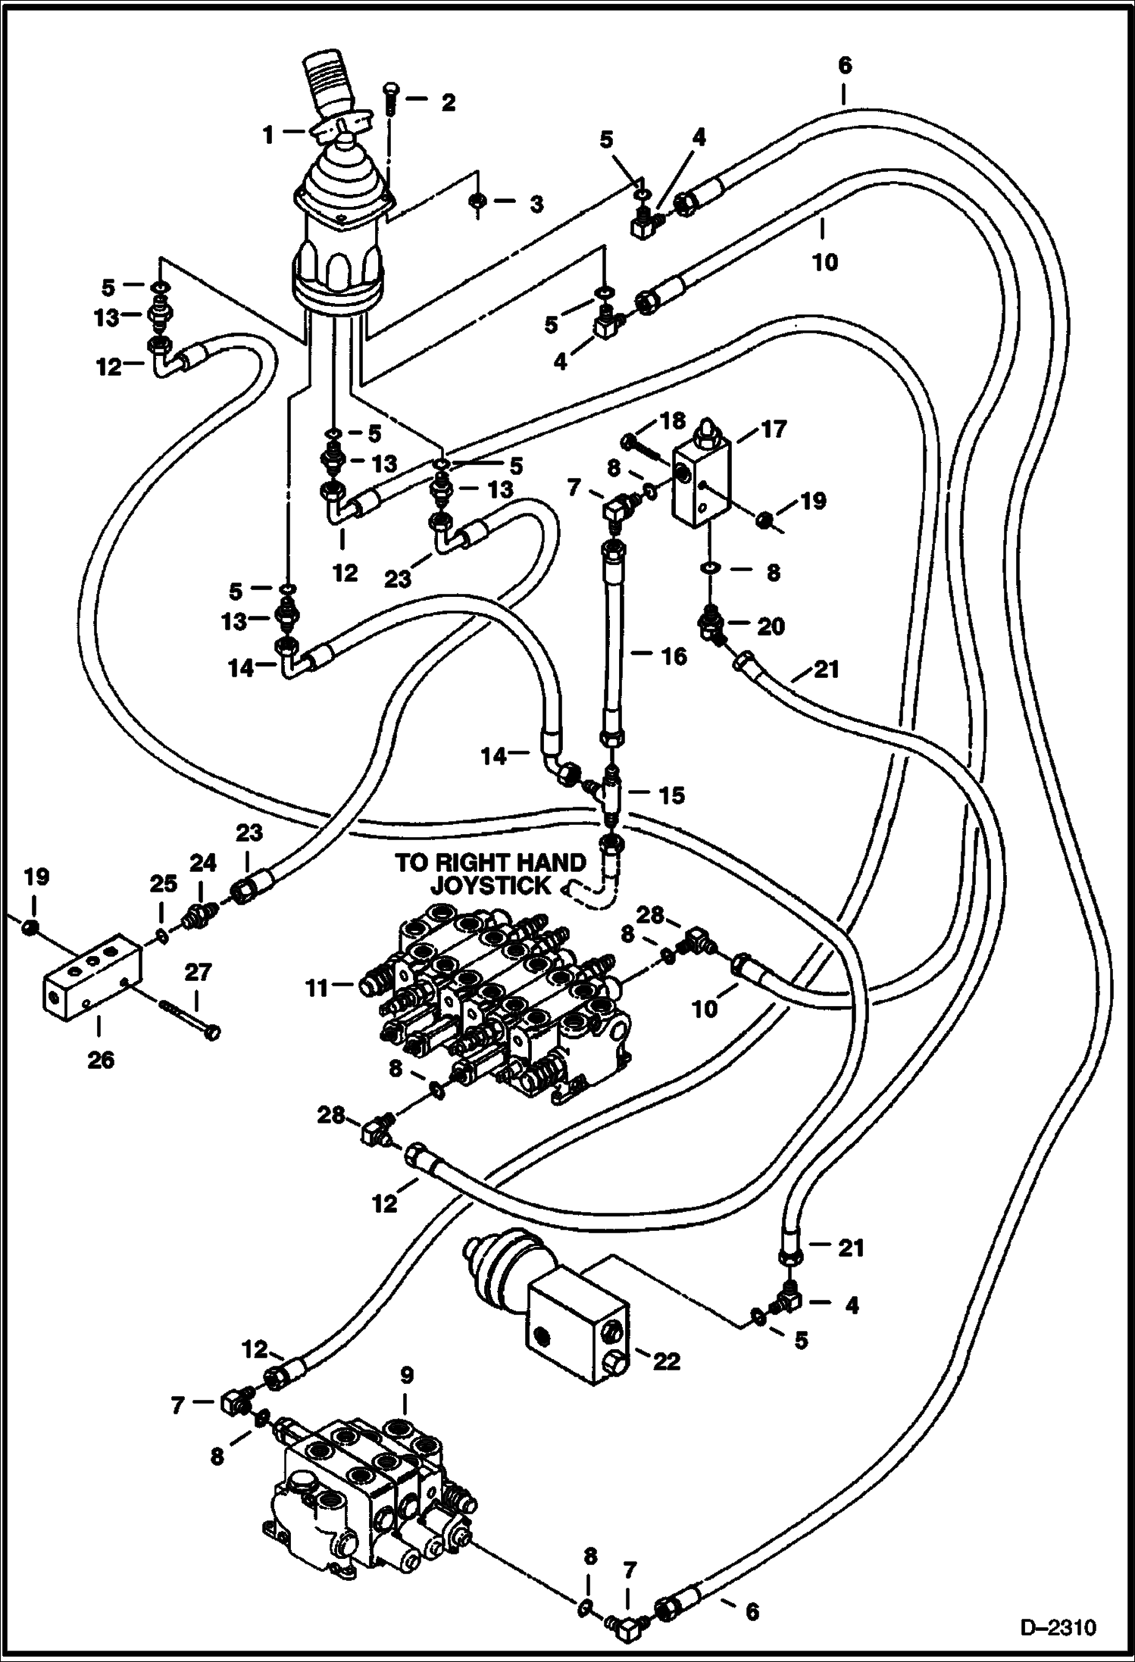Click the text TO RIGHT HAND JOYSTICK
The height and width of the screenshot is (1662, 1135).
coord(490,873)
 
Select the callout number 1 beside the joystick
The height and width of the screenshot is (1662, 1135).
coord(267,136)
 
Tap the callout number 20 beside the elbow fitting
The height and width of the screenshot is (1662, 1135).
coord(771,626)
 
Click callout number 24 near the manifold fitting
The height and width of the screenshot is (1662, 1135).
coord(202,863)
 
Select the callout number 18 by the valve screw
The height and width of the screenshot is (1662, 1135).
coord(671,420)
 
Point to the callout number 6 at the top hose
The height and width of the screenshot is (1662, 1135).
coord(844,66)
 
